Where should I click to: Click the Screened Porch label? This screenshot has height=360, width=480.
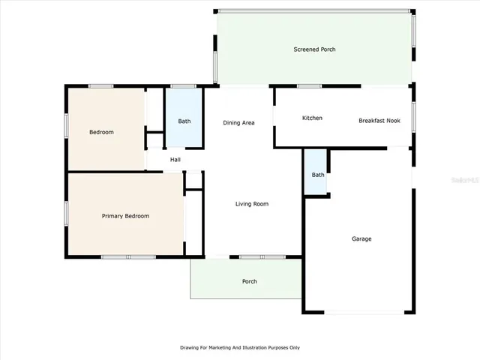point(313,49)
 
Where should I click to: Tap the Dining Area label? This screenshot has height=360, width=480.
point(238,122)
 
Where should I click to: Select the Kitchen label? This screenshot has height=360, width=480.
point(312,118)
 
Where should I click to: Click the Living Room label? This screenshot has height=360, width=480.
point(251,204)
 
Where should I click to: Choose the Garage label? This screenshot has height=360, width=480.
point(361,239)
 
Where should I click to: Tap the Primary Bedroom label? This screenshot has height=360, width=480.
point(125,216)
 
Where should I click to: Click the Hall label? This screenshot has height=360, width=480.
point(175,160)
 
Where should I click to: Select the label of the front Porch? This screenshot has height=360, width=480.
point(249,282)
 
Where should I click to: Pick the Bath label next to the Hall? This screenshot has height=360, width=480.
point(184,121)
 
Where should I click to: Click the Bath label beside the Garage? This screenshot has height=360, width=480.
point(318,175)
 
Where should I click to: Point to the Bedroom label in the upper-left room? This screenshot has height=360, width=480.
point(101,132)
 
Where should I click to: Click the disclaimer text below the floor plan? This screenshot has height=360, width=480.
point(239,348)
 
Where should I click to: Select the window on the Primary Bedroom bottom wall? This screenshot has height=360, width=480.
point(128,257)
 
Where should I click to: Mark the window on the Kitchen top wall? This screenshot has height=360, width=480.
point(309,86)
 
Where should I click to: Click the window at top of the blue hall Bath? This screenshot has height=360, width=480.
point(184,86)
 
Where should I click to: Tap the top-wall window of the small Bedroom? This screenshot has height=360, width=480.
point(101,86)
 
